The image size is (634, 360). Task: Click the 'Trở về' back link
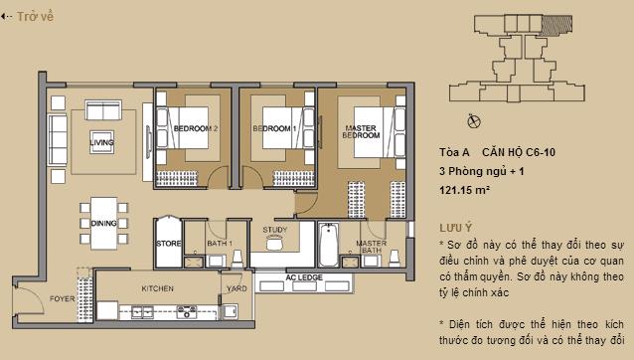(31, 17)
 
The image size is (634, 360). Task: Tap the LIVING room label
(101, 142)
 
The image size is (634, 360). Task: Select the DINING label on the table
(103, 224)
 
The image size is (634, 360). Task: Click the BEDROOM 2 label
(195, 129)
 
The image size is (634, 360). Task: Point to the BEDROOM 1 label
(272, 129)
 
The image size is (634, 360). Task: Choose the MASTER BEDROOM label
(359, 132)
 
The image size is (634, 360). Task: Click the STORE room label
(167, 243)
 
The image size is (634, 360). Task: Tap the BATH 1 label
(219, 243)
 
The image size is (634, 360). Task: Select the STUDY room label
(275, 231)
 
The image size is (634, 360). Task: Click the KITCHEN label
(158, 288)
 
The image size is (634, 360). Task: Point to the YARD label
(237, 288)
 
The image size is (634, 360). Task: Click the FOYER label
(63, 297)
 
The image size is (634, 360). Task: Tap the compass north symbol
(473, 120)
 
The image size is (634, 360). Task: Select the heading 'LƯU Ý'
(456, 227)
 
